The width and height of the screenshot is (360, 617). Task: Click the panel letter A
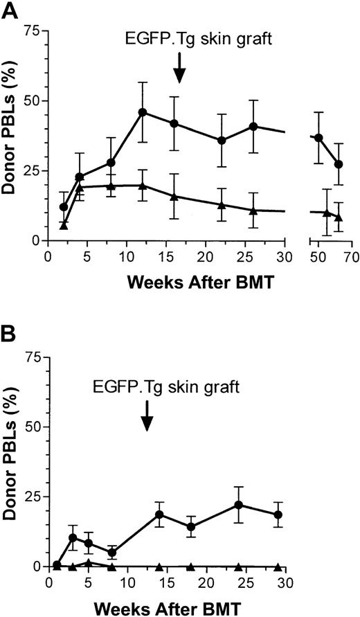point(9,10)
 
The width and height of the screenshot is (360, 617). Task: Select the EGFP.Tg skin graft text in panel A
point(179,38)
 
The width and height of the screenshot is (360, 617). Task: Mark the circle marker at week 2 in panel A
point(64,207)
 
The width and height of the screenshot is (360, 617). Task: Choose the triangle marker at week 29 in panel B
point(278,566)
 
